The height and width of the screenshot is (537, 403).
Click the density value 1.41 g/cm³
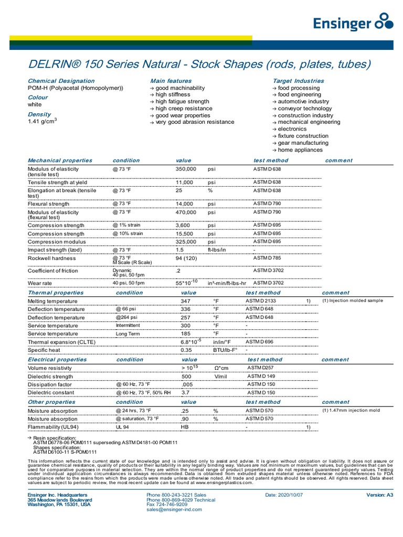tap(42, 122)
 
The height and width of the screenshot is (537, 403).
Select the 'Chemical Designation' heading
tap(61, 81)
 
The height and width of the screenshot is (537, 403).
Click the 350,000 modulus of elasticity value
tap(186, 169)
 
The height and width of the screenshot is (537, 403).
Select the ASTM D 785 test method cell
tap(267, 258)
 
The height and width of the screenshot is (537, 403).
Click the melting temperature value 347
tap(186, 302)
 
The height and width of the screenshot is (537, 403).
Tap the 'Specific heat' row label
tap(44, 350)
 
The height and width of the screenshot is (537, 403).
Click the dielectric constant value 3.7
tap(185, 392)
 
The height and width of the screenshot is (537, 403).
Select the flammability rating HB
tap(185, 427)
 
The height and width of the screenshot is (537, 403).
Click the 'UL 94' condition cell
tap(122, 427)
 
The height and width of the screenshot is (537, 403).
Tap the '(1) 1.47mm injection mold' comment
tap(351, 410)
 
